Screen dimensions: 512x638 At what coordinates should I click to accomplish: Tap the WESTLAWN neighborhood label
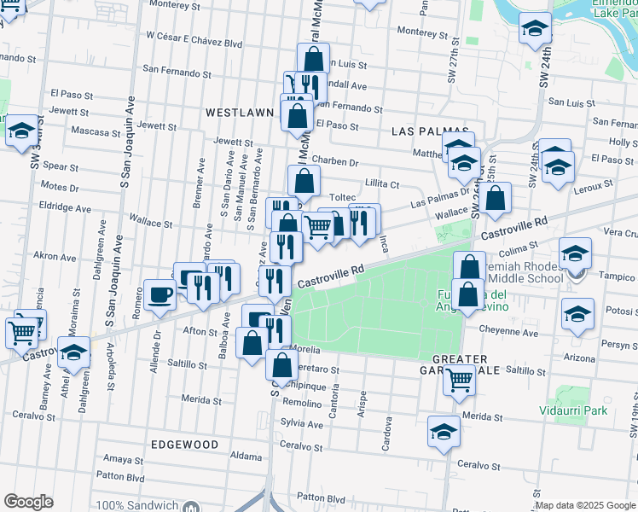[x=240, y=112]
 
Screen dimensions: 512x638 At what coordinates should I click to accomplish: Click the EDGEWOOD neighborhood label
[x=184, y=445]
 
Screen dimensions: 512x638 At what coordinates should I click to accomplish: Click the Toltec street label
[x=342, y=197]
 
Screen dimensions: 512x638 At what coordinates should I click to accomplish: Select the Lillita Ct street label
[x=382, y=183]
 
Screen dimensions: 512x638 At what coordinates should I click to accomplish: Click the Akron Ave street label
[x=55, y=255]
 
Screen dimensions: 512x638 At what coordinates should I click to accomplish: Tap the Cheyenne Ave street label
[x=515, y=333]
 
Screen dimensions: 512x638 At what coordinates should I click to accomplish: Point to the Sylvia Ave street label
[x=303, y=424]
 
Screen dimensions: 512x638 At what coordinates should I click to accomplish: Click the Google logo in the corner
[x=28, y=502]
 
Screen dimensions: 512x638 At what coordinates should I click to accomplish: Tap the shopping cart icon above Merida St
[x=459, y=380]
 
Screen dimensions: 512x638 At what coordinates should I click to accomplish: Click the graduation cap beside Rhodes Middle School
[x=576, y=253]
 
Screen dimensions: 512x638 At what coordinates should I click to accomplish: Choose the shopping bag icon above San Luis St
[x=313, y=59]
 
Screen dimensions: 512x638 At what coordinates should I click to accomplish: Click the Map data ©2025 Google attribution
[x=585, y=505]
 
